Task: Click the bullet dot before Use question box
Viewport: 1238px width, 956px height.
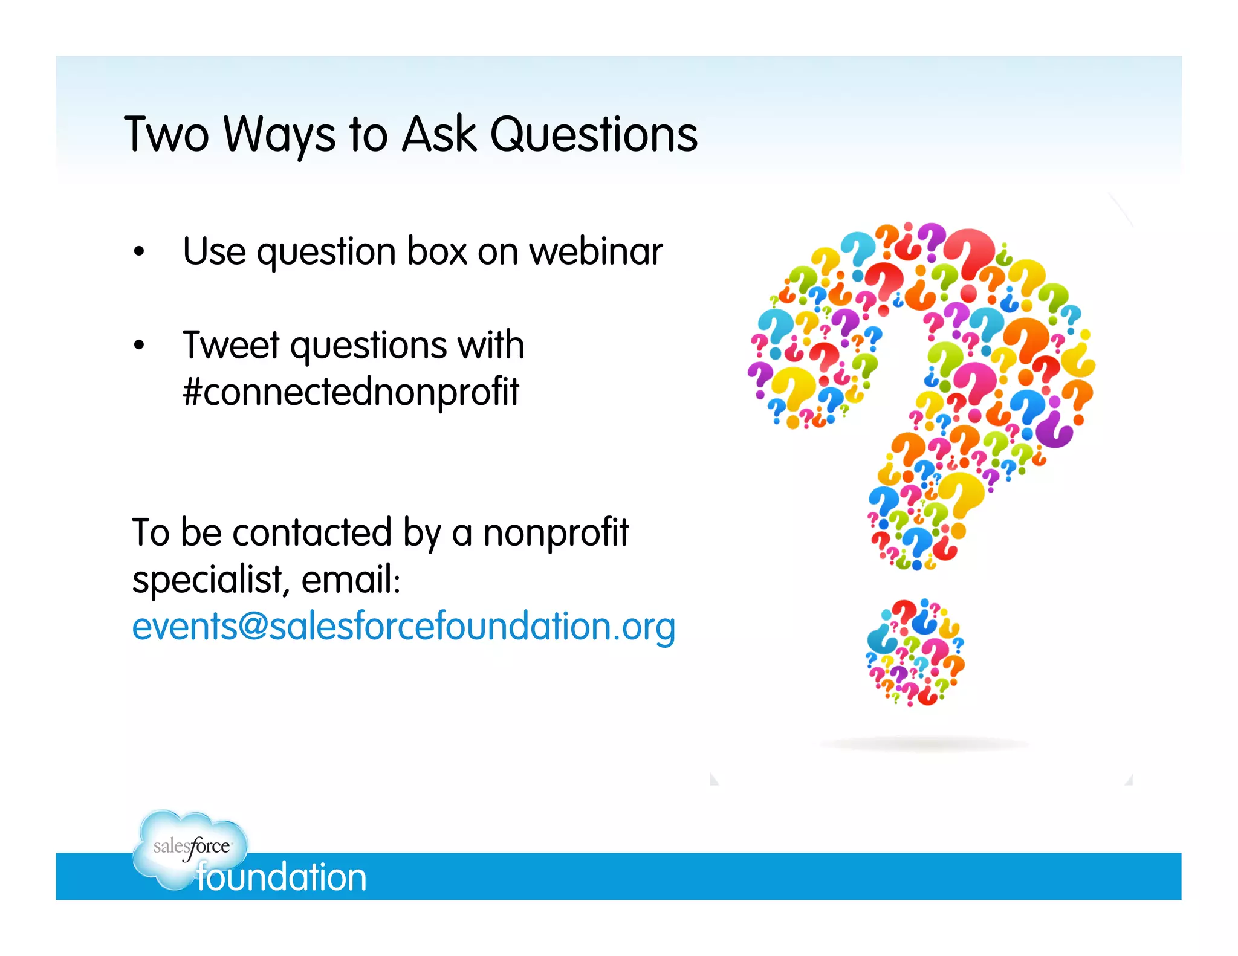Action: tap(140, 251)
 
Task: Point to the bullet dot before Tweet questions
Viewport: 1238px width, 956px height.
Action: tap(140, 346)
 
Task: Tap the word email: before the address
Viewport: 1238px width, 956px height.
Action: tap(351, 580)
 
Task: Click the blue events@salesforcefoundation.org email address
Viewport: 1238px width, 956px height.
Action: tap(403, 627)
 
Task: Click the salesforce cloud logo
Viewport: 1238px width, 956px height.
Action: tap(190, 846)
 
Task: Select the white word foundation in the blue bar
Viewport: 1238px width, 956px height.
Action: tap(282, 877)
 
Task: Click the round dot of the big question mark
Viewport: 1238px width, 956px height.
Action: tap(915, 653)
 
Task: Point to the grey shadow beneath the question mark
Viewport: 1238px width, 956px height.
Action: tap(923, 744)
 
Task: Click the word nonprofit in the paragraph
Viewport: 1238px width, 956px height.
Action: tap(556, 533)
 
